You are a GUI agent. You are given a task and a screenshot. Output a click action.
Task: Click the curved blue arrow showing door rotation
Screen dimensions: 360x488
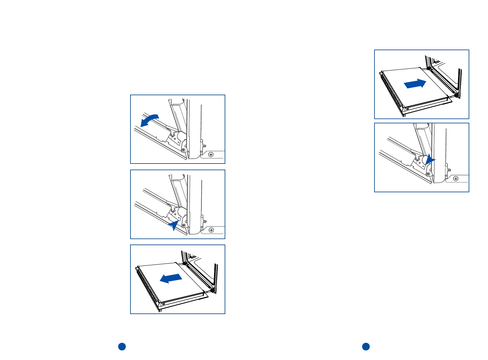pyautogui.click(x=149, y=120)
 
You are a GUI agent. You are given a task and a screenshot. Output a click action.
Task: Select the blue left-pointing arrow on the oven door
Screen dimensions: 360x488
pyautogui.click(x=171, y=278)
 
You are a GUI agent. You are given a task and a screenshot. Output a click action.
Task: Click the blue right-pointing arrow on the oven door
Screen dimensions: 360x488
pyautogui.click(x=415, y=84)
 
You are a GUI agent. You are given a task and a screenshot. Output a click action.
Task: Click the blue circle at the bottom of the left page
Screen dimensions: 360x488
pyautogui.click(x=122, y=346)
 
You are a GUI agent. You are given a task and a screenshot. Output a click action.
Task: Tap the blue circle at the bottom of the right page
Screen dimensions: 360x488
pyautogui.click(x=366, y=346)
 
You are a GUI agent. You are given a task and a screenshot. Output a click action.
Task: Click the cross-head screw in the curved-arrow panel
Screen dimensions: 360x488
pyautogui.click(x=211, y=155)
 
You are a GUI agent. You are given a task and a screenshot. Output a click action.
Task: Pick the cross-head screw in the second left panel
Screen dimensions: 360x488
pyautogui.click(x=211, y=230)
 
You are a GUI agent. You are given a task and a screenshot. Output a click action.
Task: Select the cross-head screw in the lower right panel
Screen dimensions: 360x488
pyautogui.click(x=456, y=179)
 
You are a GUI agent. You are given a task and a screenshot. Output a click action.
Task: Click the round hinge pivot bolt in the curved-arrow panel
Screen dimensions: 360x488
pyautogui.click(x=183, y=150)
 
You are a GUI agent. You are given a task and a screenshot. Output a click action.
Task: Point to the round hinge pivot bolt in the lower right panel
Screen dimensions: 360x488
pyautogui.click(x=428, y=174)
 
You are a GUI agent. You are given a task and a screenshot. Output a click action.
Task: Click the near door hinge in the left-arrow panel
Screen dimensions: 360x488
pyautogui.click(x=213, y=290)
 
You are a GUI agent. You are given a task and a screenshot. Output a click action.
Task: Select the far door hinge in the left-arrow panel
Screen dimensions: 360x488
pyautogui.click(x=185, y=264)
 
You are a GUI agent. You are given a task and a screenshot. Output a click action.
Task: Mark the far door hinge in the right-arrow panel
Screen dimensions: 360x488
pyautogui.click(x=429, y=69)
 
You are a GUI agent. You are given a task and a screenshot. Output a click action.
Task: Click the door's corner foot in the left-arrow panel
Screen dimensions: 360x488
pyautogui.click(x=160, y=310)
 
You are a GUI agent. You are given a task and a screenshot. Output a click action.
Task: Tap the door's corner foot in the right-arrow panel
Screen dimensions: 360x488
pyautogui.click(x=404, y=115)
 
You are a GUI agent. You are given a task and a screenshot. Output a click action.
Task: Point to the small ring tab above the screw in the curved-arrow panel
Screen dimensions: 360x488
pyautogui.click(x=205, y=146)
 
